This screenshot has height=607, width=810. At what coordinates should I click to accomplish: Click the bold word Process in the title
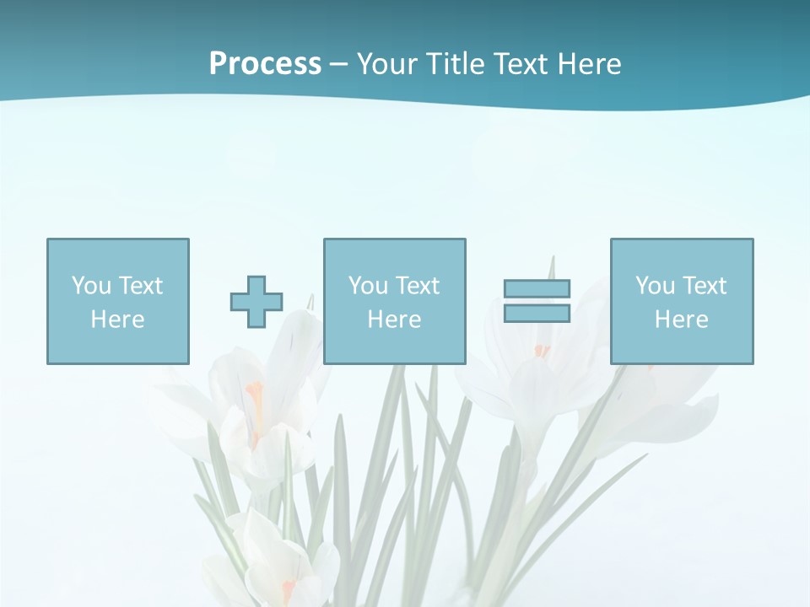tap(265, 64)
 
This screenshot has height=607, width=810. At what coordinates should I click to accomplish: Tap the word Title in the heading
tap(455, 64)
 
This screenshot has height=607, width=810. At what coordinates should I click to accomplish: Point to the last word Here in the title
tap(590, 64)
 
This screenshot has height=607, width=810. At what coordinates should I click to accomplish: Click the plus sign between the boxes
tap(256, 301)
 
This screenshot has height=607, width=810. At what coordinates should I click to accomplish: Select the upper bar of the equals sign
tap(537, 288)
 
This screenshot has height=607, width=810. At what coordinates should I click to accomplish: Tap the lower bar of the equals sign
tap(537, 313)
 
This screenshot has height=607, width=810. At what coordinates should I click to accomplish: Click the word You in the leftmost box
tap(90, 286)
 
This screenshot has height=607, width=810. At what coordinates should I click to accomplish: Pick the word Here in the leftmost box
tap(117, 320)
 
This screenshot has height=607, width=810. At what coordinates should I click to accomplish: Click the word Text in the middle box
tap(417, 286)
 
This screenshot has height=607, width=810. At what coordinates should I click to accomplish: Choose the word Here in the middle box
tap(394, 320)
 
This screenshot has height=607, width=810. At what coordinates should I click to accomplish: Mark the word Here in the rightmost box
tap(681, 320)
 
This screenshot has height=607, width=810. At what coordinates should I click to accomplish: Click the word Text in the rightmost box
tap(704, 286)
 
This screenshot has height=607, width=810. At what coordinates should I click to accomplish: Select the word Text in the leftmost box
tap(140, 286)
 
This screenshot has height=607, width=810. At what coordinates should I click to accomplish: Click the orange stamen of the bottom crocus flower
tap(289, 588)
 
